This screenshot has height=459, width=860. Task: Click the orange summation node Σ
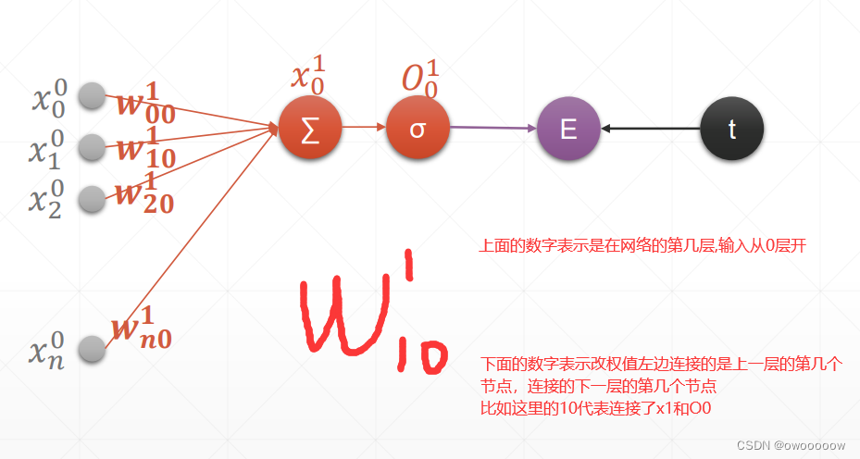311,129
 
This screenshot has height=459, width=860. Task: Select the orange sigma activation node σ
418,129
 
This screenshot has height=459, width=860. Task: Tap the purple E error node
568,129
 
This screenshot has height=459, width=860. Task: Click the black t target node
731,129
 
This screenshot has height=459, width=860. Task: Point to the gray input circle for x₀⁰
92,96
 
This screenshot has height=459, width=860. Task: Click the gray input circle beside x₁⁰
92,146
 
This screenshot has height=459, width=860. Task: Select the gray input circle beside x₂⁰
92,198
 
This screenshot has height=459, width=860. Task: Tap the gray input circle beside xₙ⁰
92,349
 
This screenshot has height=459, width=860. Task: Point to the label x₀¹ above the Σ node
308,75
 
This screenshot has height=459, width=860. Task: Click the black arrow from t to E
649,129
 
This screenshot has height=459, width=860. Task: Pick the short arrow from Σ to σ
364,129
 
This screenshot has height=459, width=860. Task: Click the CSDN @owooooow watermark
791,445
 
